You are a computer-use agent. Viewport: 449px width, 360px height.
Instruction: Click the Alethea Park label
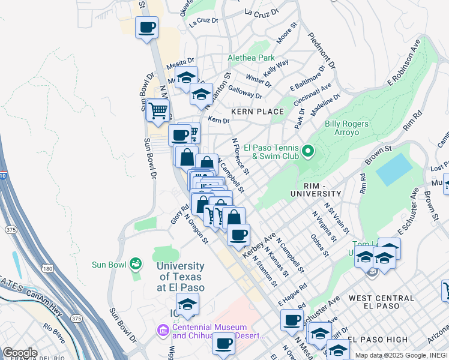[x=251, y=58]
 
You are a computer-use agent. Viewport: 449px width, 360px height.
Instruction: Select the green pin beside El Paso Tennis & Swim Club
[x=309, y=151]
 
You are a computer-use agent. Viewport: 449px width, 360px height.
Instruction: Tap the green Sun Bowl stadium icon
[x=137, y=263]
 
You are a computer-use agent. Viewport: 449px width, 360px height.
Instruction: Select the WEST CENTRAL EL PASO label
[x=381, y=298]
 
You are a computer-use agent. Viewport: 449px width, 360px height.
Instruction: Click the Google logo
[x=19, y=352]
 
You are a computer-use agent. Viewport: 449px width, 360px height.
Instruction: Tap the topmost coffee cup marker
[x=147, y=27]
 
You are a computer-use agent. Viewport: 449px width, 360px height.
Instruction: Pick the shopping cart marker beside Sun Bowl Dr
[x=158, y=110]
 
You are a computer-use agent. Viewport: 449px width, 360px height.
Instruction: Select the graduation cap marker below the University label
[x=187, y=304]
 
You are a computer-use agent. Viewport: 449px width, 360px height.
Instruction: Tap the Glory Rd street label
[x=175, y=214]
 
